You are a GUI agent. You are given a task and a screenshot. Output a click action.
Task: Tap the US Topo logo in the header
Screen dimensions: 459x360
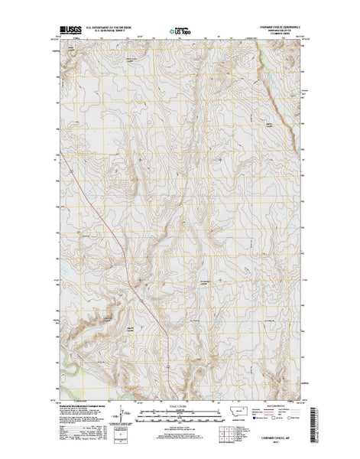click(x=180, y=32)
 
